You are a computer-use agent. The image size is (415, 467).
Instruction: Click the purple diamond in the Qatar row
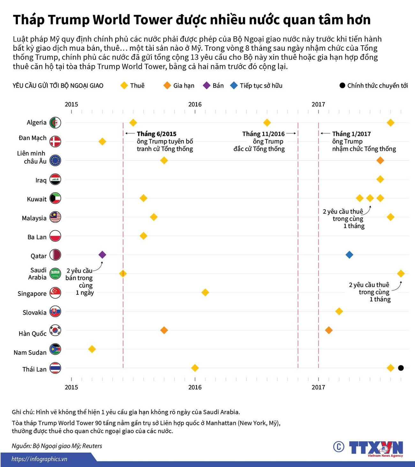click(x=102, y=255)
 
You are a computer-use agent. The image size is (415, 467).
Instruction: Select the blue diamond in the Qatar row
click(x=349, y=255)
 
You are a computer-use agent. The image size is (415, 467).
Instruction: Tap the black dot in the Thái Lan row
click(x=401, y=368)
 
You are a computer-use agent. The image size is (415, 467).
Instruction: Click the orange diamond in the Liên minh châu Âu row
click(x=380, y=160)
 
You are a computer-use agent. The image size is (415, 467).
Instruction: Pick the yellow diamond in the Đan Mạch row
click(x=102, y=141)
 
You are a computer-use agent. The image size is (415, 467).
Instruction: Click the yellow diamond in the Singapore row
click(x=205, y=292)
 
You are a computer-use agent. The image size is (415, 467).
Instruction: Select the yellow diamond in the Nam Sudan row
click(x=92, y=349)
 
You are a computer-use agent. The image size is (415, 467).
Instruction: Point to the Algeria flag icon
click(x=55, y=122)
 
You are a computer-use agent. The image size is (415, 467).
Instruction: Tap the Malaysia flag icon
click(x=55, y=217)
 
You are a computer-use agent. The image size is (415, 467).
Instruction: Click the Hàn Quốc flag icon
click(x=55, y=330)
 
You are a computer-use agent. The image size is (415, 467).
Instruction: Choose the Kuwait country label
click(x=37, y=199)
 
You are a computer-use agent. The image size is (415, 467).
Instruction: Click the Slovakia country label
click(x=34, y=312)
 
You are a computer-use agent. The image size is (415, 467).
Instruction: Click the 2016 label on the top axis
click(x=195, y=104)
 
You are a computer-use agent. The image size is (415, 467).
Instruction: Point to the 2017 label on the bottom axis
click(x=318, y=387)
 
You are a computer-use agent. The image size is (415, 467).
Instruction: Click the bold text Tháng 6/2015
click(x=156, y=134)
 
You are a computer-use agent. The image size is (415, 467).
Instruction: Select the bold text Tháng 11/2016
click(x=263, y=134)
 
